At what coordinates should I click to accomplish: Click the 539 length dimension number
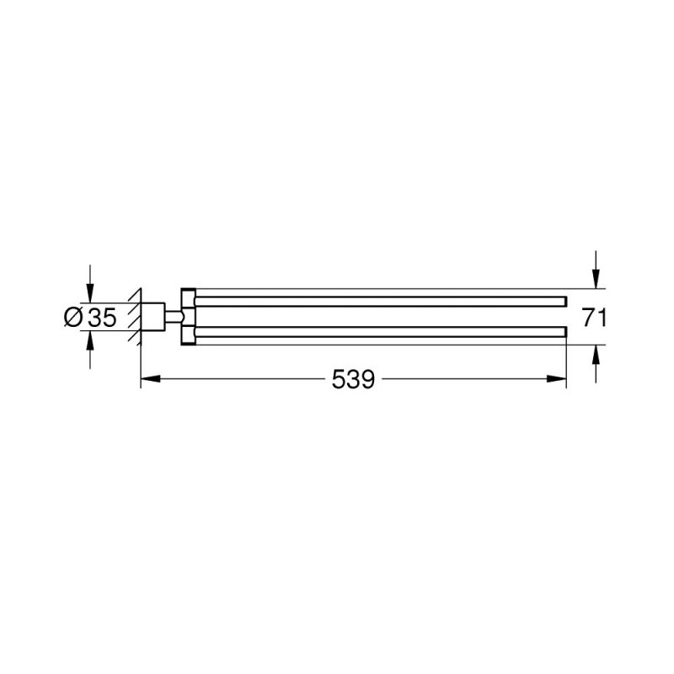pyautogui.click(x=353, y=380)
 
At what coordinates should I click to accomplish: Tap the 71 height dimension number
pyautogui.click(x=595, y=317)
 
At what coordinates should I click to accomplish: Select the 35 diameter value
pyautogui.click(x=101, y=317)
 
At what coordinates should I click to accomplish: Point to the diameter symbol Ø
pyautogui.click(x=73, y=317)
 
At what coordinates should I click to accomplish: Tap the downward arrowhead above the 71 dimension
pyautogui.click(x=596, y=280)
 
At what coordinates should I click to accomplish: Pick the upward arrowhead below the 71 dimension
pyautogui.click(x=596, y=354)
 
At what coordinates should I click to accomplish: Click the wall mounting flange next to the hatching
pyautogui.click(x=152, y=317)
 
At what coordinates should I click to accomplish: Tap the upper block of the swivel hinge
pyautogui.click(x=187, y=299)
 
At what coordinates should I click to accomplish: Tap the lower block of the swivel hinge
pyautogui.click(x=187, y=334)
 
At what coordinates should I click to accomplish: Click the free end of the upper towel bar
pyautogui.click(x=563, y=301)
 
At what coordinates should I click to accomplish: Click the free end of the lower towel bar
pyautogui.click(x=563, y=332)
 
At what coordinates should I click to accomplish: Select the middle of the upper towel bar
pyautogui.click(x=379, y=301)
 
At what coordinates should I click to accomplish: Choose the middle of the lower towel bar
pyautogui.click(x=379, y=332)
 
